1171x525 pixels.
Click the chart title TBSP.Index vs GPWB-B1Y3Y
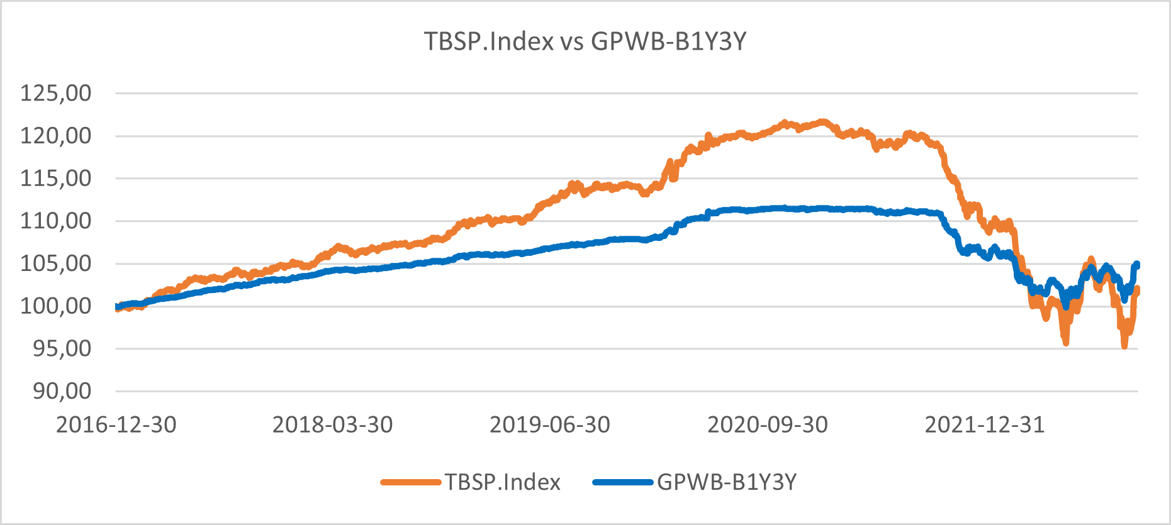point(585,41)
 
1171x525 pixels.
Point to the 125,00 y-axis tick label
point(56,93)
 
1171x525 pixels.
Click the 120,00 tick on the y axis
point(56,136)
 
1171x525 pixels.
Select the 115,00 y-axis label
point(56,179)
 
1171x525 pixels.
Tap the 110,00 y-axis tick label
point(56,221)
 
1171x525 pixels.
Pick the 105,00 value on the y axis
point(56,263)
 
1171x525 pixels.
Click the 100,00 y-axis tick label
point(56,306)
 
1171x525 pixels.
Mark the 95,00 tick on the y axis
point(62,348)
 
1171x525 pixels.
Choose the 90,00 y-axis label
point(62,391)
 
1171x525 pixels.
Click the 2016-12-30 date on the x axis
point(116,425)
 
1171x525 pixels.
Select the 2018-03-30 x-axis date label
point(333,425)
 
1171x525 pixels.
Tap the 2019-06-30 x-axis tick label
point(550,425)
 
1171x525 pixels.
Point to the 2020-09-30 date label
point(768,425)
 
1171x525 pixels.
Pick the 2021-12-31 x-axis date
point(985,425)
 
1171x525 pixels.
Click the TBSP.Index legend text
point(503,482)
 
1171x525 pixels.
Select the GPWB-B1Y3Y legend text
point(727,482)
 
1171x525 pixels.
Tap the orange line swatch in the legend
point(411,482)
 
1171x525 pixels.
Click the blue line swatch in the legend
point(623,482)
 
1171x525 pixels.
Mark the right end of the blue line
point(1137,265)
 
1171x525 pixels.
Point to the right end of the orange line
point(1137,290)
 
